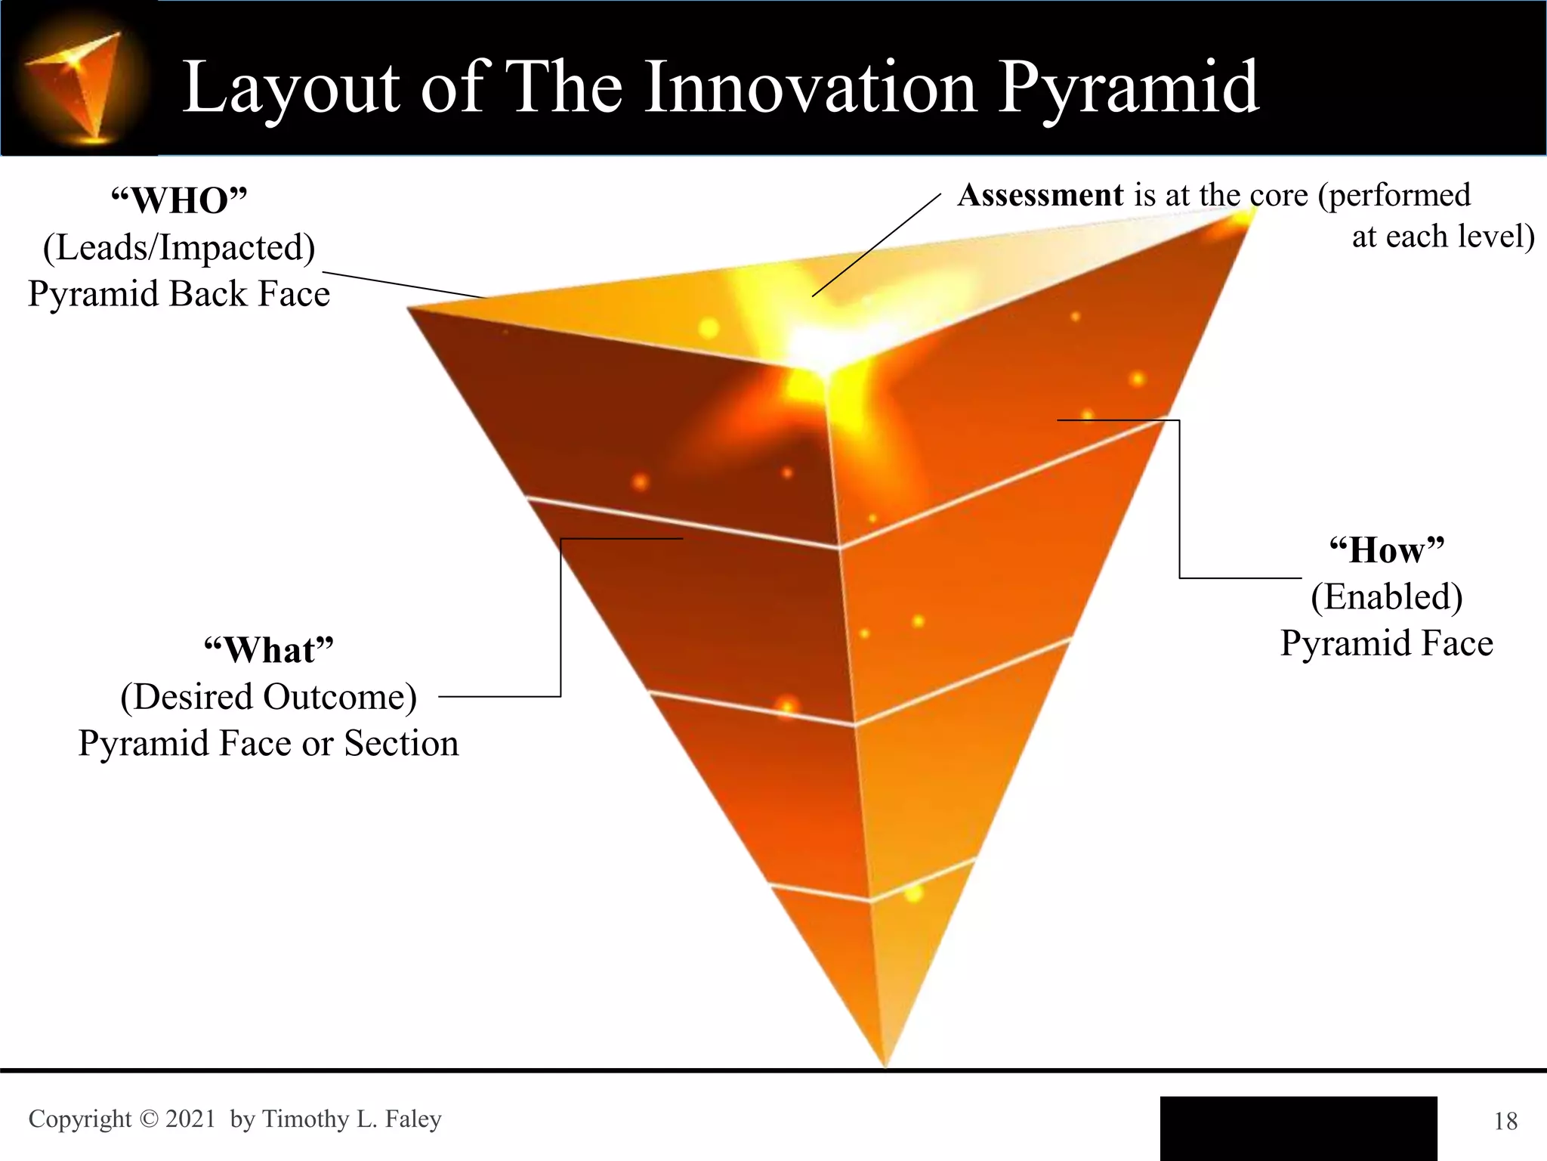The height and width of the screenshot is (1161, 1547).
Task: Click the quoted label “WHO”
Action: pos(179,201)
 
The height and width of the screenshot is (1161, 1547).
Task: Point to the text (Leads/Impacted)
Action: pos(179,248)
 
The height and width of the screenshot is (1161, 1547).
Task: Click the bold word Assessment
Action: pos(1040,196)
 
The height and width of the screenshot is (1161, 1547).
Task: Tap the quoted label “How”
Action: pos(1386,550)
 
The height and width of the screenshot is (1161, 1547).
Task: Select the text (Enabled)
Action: pos(1386,597)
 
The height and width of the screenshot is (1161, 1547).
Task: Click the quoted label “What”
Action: pos(268,651)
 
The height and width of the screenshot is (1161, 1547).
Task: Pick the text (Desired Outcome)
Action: pos(268,697)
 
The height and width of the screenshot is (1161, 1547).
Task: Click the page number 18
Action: pos(1505,1121)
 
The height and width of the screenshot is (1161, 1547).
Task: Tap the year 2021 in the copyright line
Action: pos(190,1119)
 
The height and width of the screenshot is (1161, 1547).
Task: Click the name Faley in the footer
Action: pos(412,1119)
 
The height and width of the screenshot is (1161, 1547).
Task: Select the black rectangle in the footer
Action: pos(1298,1128)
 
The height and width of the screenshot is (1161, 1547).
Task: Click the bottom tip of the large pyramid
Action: pos(885,1063)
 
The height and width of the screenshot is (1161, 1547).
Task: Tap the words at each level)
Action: pos(1443,237)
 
